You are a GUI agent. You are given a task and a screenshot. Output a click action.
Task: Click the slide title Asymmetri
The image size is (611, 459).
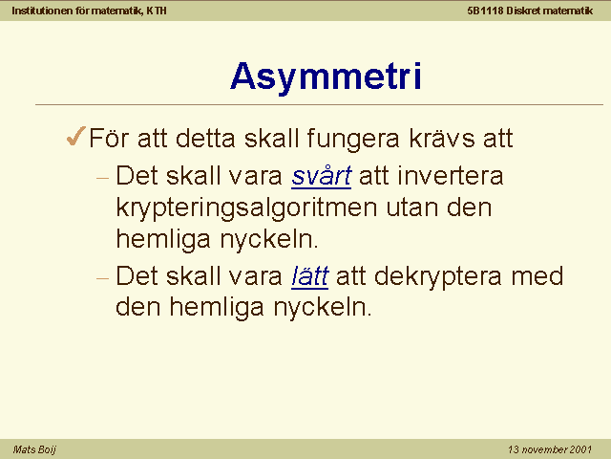pos(326,76)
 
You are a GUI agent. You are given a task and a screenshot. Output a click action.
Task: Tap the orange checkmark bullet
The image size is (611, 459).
pos(76,136)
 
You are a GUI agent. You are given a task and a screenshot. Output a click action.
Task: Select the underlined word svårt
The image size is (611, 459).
pos(322,176)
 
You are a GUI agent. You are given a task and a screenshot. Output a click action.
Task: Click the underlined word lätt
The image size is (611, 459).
pos(309,276)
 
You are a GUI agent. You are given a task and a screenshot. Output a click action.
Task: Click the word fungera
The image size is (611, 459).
pos(353,140)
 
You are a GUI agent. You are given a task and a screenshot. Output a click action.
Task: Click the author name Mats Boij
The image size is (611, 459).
pos(34,449)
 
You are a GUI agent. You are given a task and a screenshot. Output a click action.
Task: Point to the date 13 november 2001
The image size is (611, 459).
pos(550,449)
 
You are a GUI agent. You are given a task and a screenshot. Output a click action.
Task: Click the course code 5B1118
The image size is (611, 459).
pos(486,11)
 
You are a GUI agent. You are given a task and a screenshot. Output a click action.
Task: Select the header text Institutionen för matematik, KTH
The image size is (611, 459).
pos(89,11)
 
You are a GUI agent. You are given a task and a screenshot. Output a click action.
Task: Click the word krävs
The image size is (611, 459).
pos(442,138)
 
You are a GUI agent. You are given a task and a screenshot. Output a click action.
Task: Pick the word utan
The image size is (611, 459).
pos(412,208)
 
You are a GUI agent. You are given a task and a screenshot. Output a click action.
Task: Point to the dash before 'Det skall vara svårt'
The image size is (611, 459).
pos(102,179)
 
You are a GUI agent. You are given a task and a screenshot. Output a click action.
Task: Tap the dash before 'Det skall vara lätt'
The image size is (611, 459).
pos(102,278)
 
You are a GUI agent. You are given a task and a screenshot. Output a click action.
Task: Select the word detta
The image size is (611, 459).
pos(206,138)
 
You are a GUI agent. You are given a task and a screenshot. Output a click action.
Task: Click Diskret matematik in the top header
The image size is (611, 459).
pos(550,11)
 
